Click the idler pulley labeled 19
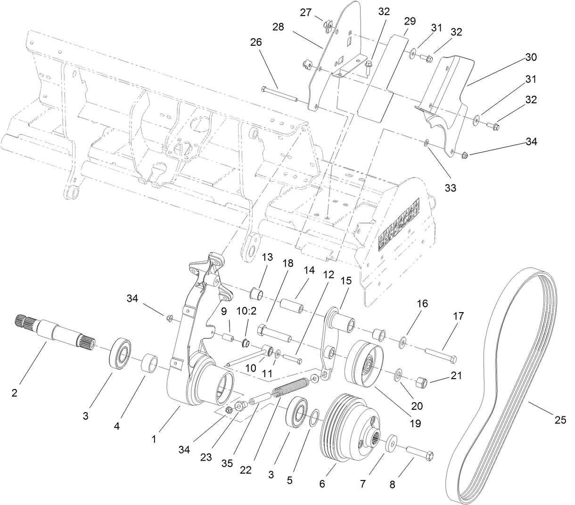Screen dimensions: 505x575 pyautogui.click(x=366, y=363)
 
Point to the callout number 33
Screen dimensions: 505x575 pyautogui.click(x=450, y=188)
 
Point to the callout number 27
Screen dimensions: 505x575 pyautogui.click(x=306, y=12)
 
